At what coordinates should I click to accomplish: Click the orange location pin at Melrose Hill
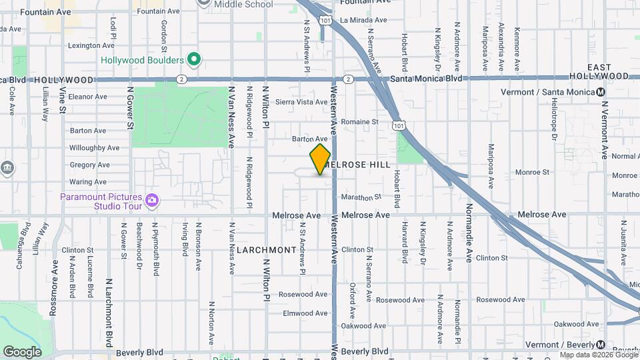tap(320, 159)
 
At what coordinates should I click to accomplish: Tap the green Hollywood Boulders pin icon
tap(194, 60)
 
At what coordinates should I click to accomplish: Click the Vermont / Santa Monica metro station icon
tap(601, 92)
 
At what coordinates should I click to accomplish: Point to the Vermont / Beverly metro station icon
tap(601, 345)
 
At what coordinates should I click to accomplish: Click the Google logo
tap(22, 351)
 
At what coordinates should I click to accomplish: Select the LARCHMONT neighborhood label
tap(266, 250)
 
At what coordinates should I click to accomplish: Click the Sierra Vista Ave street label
tap(301, 102)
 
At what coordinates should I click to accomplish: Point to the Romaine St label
tap(359, 122)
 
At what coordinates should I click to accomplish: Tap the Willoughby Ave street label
tap(94, 148)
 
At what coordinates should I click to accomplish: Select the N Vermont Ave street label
tap(605, 130)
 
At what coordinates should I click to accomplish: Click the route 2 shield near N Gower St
tap(181, 79)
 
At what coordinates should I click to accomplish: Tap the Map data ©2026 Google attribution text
tap(599, 355)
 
